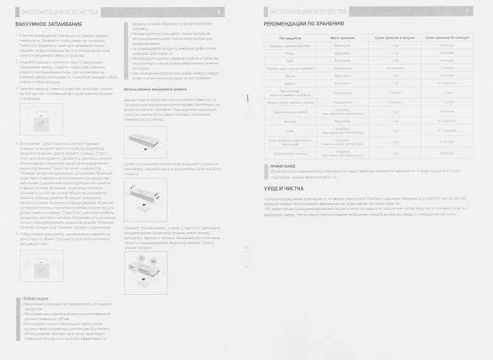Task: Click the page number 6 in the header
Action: pos(219,12)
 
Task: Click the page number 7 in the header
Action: pos(466,12)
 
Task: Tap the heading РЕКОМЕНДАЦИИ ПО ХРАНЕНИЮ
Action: pos(307,24)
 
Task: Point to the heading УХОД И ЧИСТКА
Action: pos(283,189)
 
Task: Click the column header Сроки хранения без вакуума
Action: pos(447,38)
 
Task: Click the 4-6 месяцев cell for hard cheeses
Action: pos(395,68)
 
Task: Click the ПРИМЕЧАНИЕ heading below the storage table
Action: pos(283,166)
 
